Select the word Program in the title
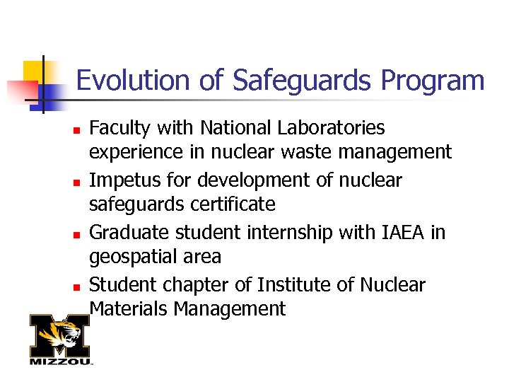[x=432, y=81]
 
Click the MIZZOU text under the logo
[x=60, y=361]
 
